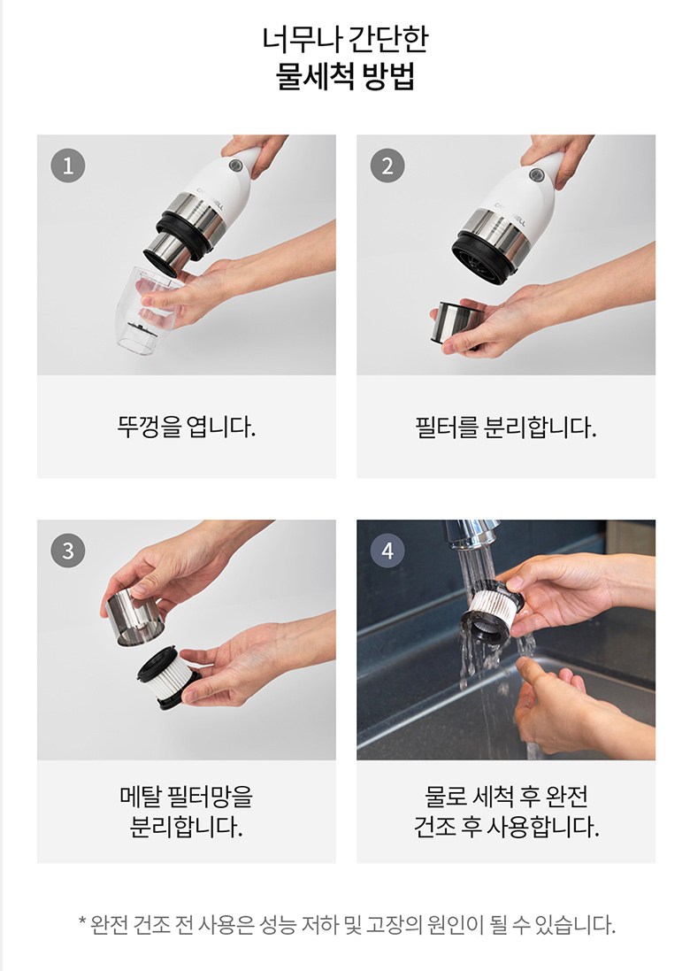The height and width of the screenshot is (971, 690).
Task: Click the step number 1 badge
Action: [68, 166]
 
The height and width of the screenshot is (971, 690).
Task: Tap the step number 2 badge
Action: [387, 166]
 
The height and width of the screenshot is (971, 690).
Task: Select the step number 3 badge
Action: [68, 551]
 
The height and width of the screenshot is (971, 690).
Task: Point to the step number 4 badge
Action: [387, 551]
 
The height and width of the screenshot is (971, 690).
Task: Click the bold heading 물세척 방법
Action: [345, 76]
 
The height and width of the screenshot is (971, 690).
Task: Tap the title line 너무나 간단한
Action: [345, 39]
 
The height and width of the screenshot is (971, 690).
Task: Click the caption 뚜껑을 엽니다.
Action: [187, 427]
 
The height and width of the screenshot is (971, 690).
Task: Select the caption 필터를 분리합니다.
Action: [506, 427]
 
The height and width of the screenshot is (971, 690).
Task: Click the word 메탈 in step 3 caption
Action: [141, 797]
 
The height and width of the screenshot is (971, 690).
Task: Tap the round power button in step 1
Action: [235, 166]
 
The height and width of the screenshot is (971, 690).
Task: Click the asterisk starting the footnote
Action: [82, 923]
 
